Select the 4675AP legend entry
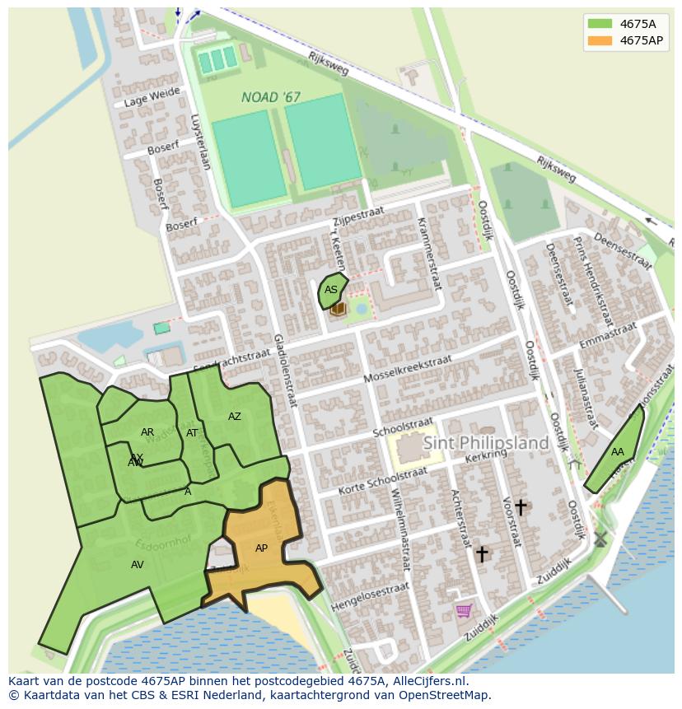625,40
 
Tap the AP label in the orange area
261,548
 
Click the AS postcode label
330,290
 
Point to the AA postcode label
617,452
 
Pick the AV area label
137,565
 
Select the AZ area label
235,417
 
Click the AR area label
147,432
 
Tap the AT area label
192,433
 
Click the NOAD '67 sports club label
271,97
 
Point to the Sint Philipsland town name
485,443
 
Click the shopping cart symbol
464,610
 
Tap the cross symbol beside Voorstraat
520,506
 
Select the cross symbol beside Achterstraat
482,554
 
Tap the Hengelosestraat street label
369,597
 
